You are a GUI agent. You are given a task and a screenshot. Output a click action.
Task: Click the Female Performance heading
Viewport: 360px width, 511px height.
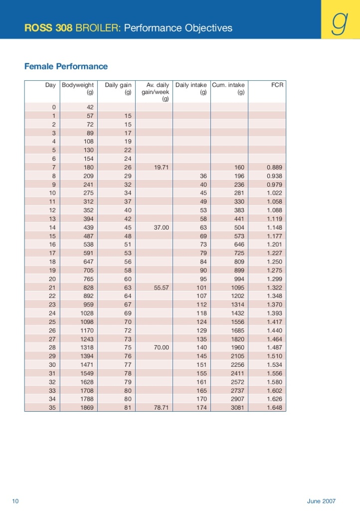(66, 66)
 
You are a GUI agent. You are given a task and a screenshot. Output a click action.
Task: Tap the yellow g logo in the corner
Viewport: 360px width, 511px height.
(341, 23)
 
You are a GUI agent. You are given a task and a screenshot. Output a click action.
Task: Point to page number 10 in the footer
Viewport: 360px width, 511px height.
(15, 501)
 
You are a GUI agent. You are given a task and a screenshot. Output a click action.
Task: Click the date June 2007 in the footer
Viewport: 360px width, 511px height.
(321, 501)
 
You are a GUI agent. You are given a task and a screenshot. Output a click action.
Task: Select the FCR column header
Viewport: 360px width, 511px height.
(277, 85)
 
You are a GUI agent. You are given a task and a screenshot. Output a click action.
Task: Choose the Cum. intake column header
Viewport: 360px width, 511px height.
(228, 85)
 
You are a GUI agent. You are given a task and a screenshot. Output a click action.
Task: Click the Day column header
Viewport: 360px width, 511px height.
(50, 85)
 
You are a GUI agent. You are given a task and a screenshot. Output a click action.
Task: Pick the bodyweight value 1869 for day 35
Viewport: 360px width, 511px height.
(86, 407)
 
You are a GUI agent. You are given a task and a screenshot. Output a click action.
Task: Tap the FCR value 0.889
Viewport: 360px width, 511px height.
(275, 167)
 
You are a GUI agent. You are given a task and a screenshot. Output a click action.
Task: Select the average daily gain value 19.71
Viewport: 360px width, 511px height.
(162, 167)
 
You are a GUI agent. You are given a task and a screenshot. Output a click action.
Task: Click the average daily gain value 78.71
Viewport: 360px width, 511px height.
(162, 407)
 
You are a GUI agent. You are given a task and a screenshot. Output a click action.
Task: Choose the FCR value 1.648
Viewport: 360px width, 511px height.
(275, 407)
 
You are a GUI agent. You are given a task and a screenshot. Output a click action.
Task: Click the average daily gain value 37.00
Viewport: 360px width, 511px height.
(162, 227)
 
